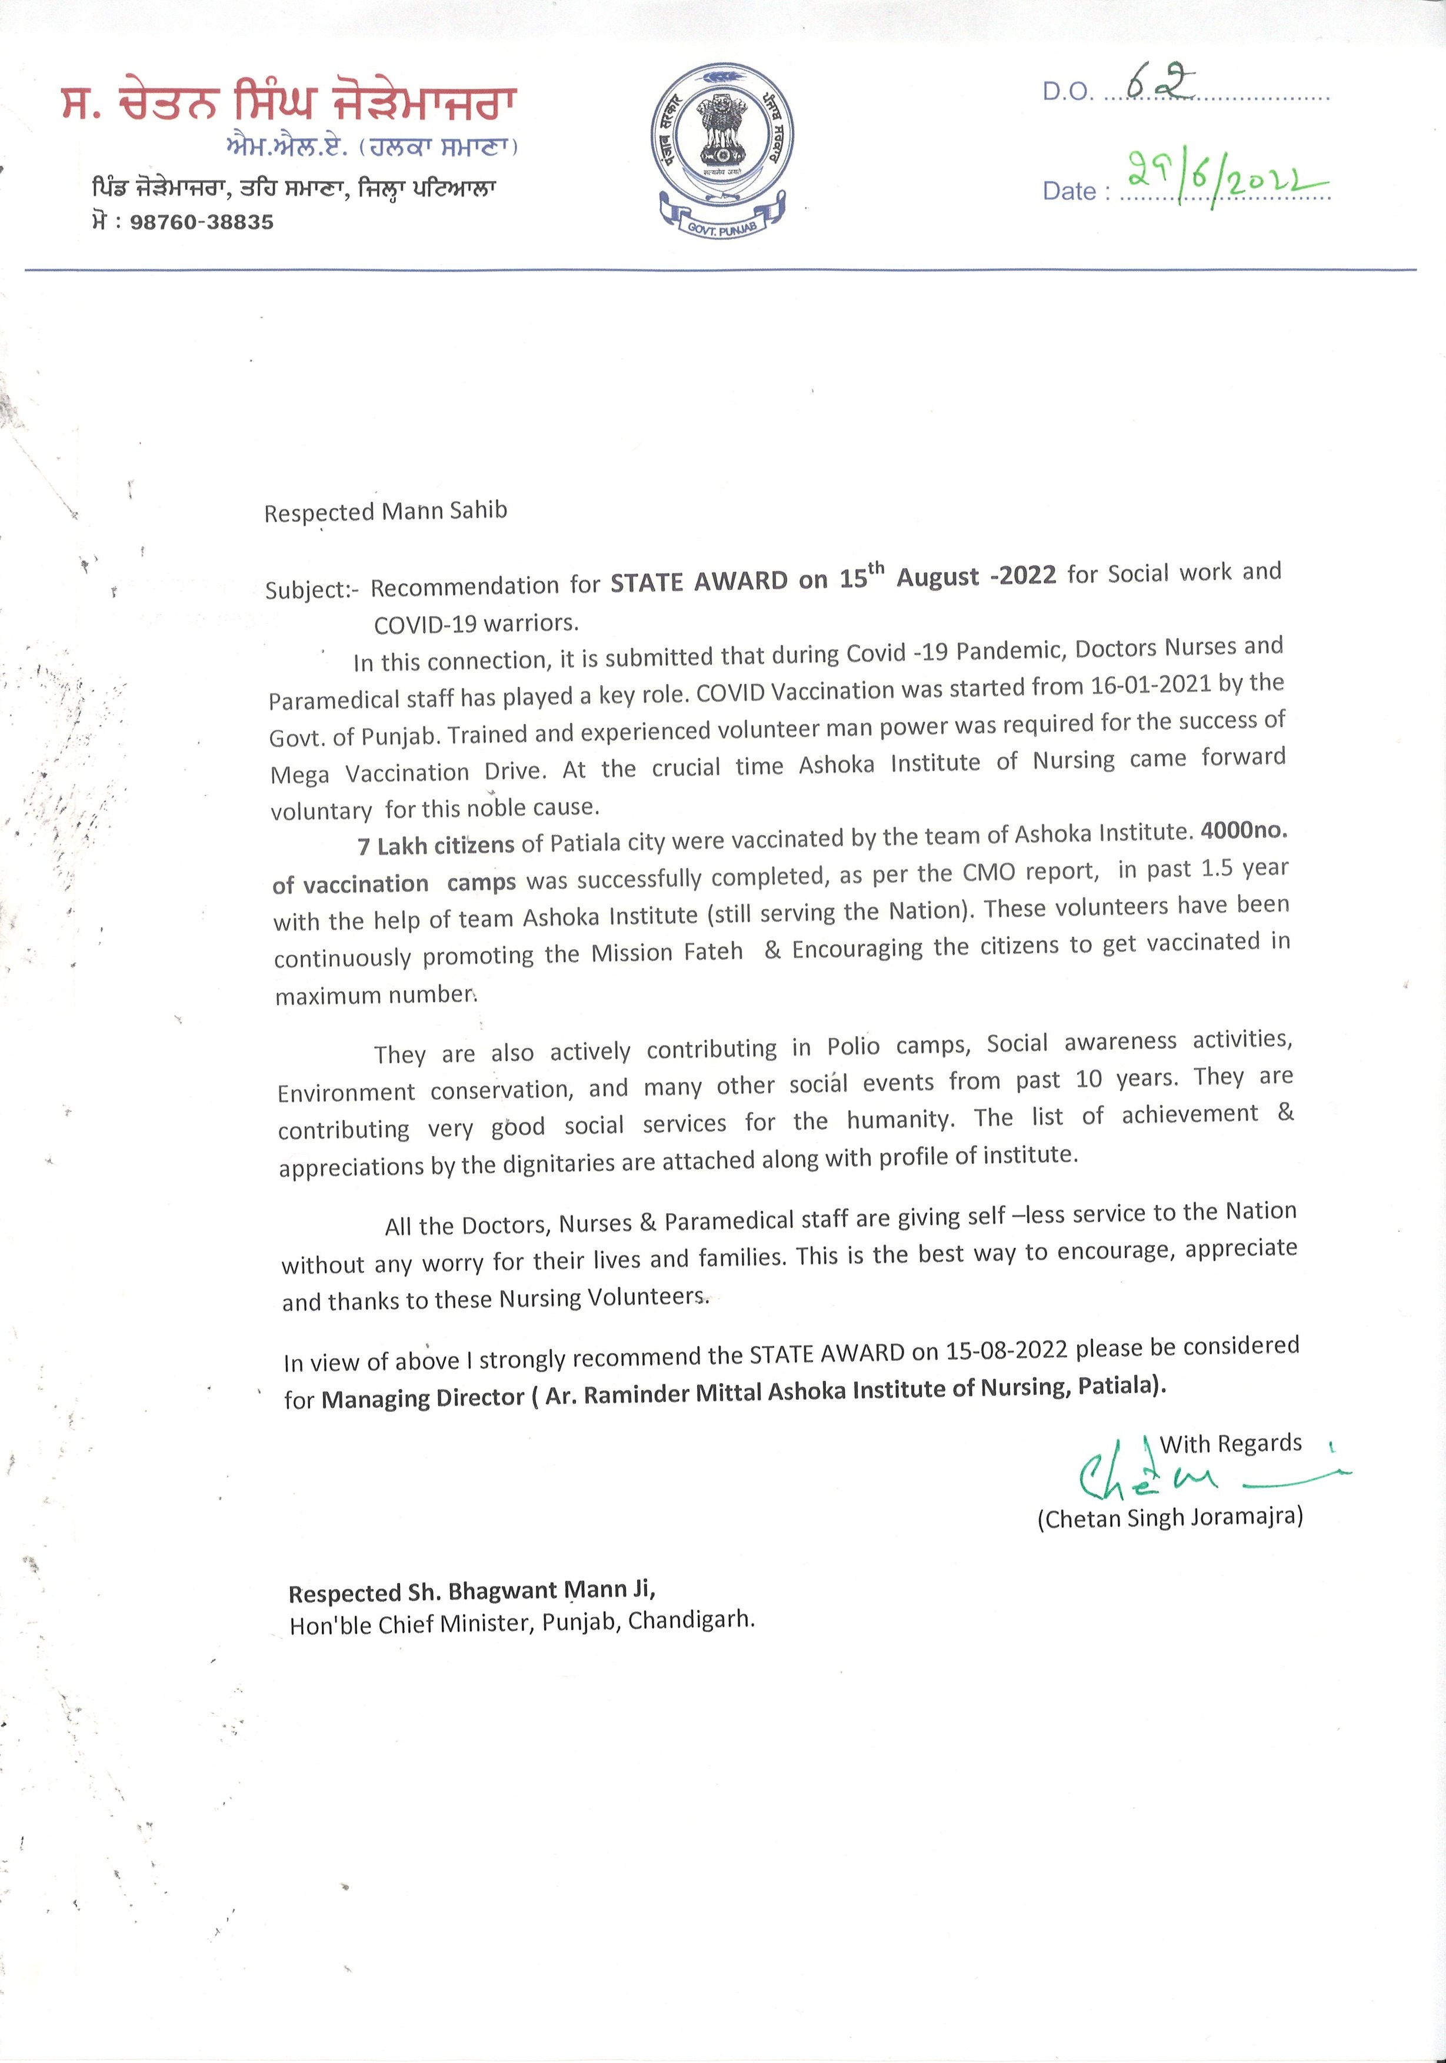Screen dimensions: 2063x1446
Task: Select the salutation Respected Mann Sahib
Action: [385, 511]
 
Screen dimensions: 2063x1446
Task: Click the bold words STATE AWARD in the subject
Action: [699, 582]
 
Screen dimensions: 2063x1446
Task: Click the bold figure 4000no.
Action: [1244, 830]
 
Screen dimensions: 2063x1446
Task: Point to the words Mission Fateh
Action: [667, 952]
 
